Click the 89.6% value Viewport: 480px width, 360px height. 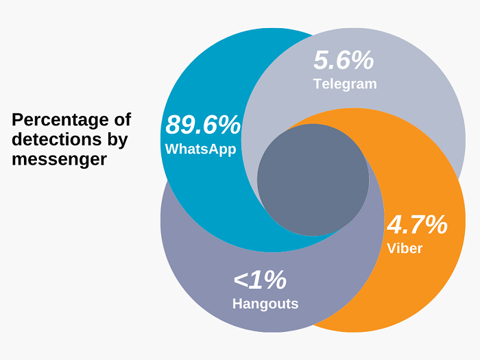click(x=203, y=125)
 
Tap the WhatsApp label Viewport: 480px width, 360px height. click(x=200, y=149)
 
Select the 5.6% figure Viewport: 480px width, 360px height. click(x=344, y=60)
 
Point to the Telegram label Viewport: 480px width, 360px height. click(x=345, y=84)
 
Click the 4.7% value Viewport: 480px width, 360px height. click(x=417, y=224)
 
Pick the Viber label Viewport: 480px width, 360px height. click(x=405, y=248)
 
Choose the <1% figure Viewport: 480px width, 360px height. click(x=259, y=279)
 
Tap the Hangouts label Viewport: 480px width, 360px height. click(x=265, y=303)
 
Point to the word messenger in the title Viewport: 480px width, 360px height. click(x=59, y=159)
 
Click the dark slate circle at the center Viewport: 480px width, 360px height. click(x=313, y=180)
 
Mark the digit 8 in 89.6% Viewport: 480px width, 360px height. click(x=173, y=125)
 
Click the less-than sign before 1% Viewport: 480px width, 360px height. click(x=241, y=280)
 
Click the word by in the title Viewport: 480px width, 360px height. click(x=117, y=140)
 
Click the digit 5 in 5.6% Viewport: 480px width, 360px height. click(x=322, y=60)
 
